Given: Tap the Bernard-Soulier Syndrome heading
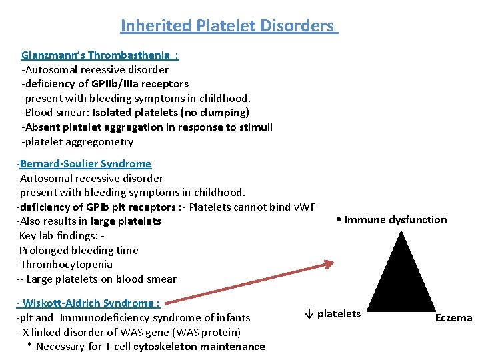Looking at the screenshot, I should click(x=85, y=163).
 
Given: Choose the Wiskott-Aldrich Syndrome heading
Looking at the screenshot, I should click(x=89, y=303).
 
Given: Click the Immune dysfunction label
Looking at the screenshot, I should click(x=392, y=220).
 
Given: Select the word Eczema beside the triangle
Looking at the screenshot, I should click(x=453, y=318).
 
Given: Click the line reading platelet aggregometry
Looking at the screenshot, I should click(x=78, y=141).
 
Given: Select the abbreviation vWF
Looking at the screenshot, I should click(x=303, y=207).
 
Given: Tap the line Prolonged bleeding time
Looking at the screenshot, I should click(x=79, y=250).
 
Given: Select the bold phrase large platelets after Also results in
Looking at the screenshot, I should click(x=126, y=221).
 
